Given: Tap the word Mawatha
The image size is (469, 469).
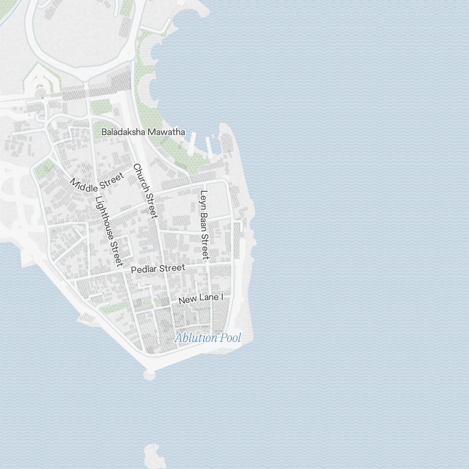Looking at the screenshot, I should (167, 132).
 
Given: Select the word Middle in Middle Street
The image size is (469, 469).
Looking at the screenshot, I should (84, 185).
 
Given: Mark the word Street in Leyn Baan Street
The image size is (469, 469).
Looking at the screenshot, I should (204, 246).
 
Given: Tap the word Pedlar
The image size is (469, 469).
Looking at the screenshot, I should (144, 270).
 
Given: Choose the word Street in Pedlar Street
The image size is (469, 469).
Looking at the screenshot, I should (172, 268).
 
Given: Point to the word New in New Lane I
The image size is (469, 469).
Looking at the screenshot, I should (187, 300).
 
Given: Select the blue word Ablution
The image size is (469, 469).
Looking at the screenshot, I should (196, 338).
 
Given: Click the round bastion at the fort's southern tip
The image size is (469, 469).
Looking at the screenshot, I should (149, 374).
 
